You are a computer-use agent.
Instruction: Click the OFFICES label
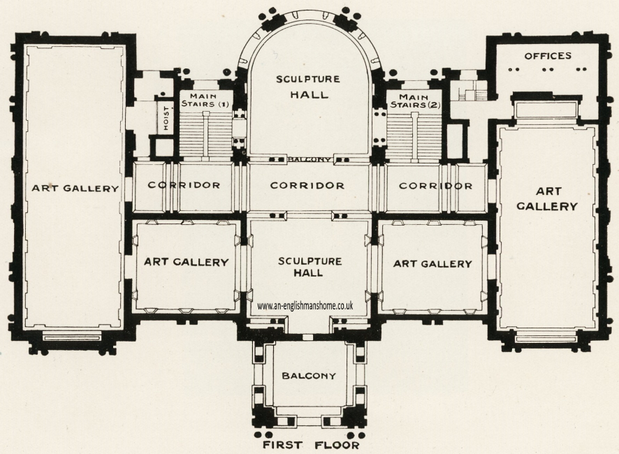[x=548, y=56]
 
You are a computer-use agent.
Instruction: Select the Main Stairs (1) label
[x=205, y=100]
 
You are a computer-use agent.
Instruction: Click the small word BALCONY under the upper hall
[x=309, y=159]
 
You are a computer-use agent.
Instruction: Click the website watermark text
[x=305, y=305]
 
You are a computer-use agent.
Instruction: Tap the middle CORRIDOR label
[x=307, y=186]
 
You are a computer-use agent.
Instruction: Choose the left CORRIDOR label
[x=184, y=186]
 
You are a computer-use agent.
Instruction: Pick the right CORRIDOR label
[x=435, y=186]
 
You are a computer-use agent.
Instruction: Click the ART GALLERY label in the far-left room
[x=75, y=188]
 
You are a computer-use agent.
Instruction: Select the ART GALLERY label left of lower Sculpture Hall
[x=187, y=263]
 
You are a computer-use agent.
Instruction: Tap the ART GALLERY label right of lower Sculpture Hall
[x=432, y=263]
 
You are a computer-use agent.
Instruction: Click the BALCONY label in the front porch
[x=309, y=376]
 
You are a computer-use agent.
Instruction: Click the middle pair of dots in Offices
[x=548, y=69]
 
